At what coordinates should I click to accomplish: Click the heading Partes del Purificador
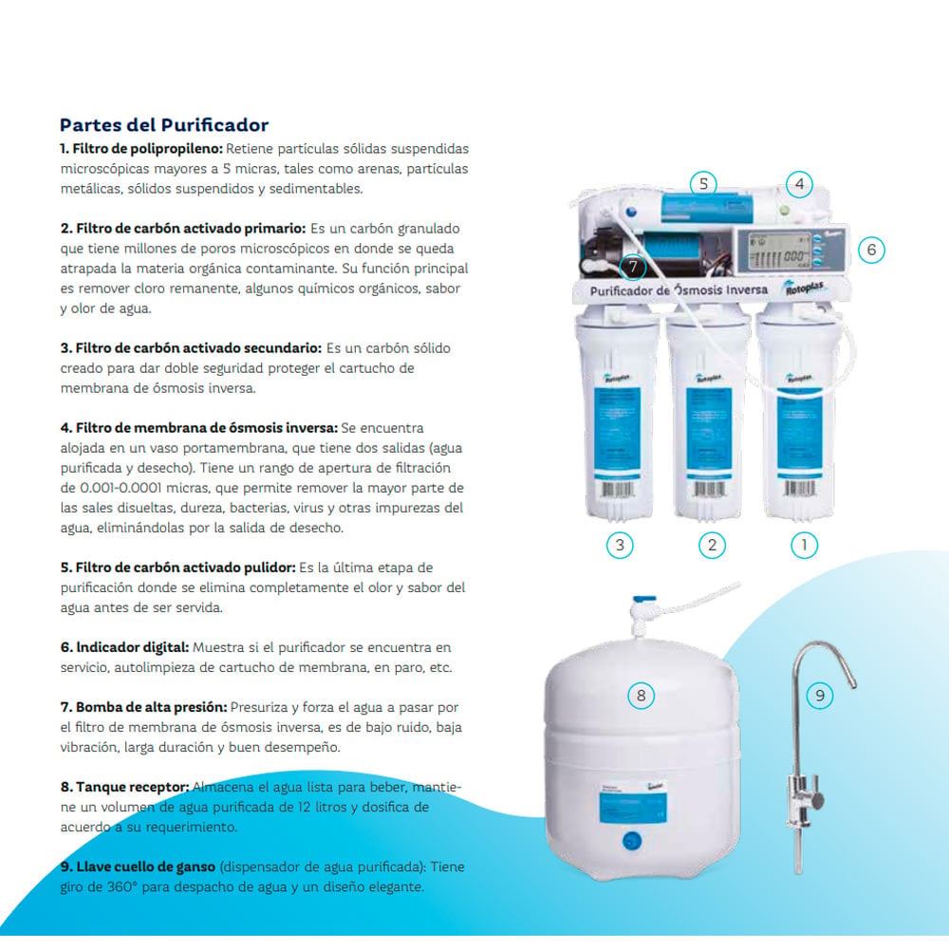164,125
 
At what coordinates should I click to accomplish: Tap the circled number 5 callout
703,183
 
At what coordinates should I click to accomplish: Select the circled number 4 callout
799,183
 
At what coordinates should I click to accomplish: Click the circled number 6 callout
871,250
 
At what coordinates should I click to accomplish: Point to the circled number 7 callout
633,267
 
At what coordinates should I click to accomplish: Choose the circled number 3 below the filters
620,545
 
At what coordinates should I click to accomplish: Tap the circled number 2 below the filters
712,545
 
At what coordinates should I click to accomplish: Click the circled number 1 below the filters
805,545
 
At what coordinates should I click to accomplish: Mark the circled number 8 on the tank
641,695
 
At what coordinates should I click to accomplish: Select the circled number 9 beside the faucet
820,695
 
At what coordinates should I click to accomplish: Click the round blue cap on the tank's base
632,840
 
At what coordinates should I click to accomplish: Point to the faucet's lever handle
817,801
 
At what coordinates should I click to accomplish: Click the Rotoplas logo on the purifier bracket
804,288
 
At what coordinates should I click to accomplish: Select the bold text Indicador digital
124,647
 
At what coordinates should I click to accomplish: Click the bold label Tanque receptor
124,787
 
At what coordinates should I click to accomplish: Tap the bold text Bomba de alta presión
144,707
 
